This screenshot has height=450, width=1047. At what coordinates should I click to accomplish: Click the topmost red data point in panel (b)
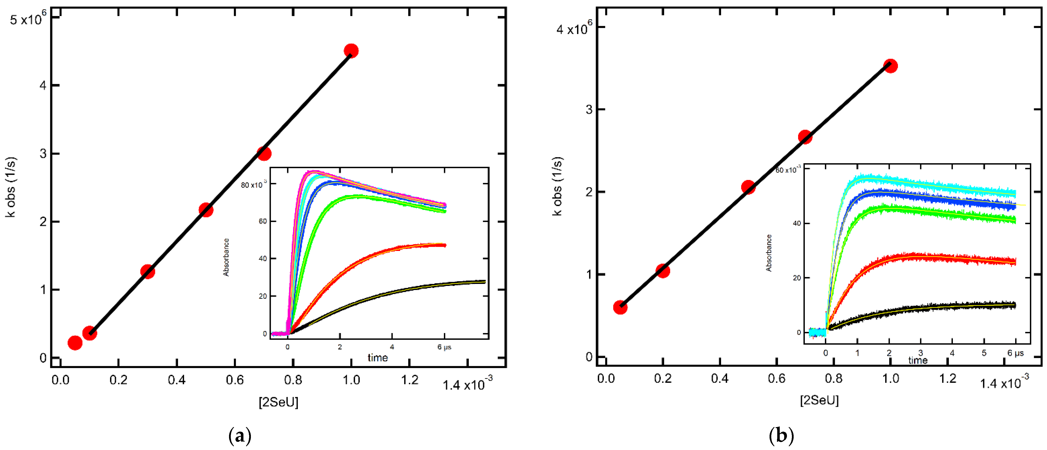tap(891, 66)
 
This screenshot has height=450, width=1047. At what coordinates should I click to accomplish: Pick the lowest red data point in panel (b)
tap(620, 307)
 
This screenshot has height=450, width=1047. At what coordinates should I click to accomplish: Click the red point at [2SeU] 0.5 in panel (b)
tap(748, 187)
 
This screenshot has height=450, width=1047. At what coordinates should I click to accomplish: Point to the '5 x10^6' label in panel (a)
tap(28, 18)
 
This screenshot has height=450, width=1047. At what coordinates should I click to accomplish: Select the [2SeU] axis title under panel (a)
tap(278, 402)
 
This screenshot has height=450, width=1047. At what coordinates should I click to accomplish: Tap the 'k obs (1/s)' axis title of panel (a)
tap(11, 187)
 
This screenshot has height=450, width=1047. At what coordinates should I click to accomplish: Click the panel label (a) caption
tap(240, 436)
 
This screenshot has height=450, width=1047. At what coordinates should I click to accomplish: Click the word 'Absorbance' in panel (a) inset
tap(226, 257)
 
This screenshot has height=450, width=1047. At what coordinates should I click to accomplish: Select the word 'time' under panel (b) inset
tap(918, 360)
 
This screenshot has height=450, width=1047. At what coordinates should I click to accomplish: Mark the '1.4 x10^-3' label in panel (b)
tap(1004, 382)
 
